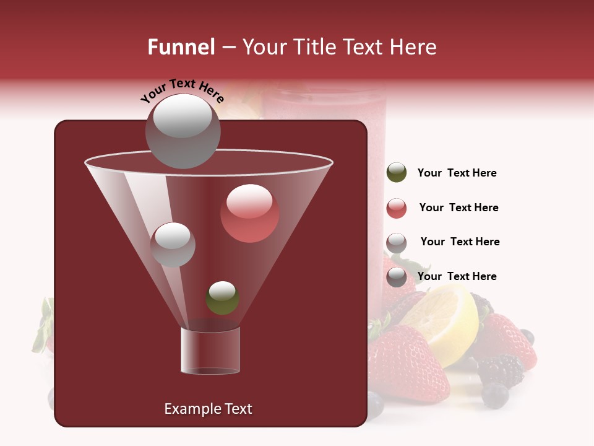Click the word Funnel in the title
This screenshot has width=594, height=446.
coord(181,47)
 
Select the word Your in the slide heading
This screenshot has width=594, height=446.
coord(265,47)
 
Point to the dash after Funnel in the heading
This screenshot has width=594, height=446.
coord(228,47)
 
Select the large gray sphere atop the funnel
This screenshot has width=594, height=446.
coord(183,131)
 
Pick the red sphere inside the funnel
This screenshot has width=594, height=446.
coord(249,213)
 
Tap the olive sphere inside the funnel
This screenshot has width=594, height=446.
coord(222,297)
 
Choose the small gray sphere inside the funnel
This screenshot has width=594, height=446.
coord(173,244)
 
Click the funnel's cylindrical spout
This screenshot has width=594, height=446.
coord(210,350)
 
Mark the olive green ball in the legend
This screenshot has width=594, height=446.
coord(397,173)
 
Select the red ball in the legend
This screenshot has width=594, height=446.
coord(397,208)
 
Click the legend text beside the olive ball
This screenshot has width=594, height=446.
coord(457,173)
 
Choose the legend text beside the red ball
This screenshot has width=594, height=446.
coord(458,208)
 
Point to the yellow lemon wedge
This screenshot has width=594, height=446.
coord(445,316)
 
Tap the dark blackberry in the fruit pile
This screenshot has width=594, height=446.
coord(500,370)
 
